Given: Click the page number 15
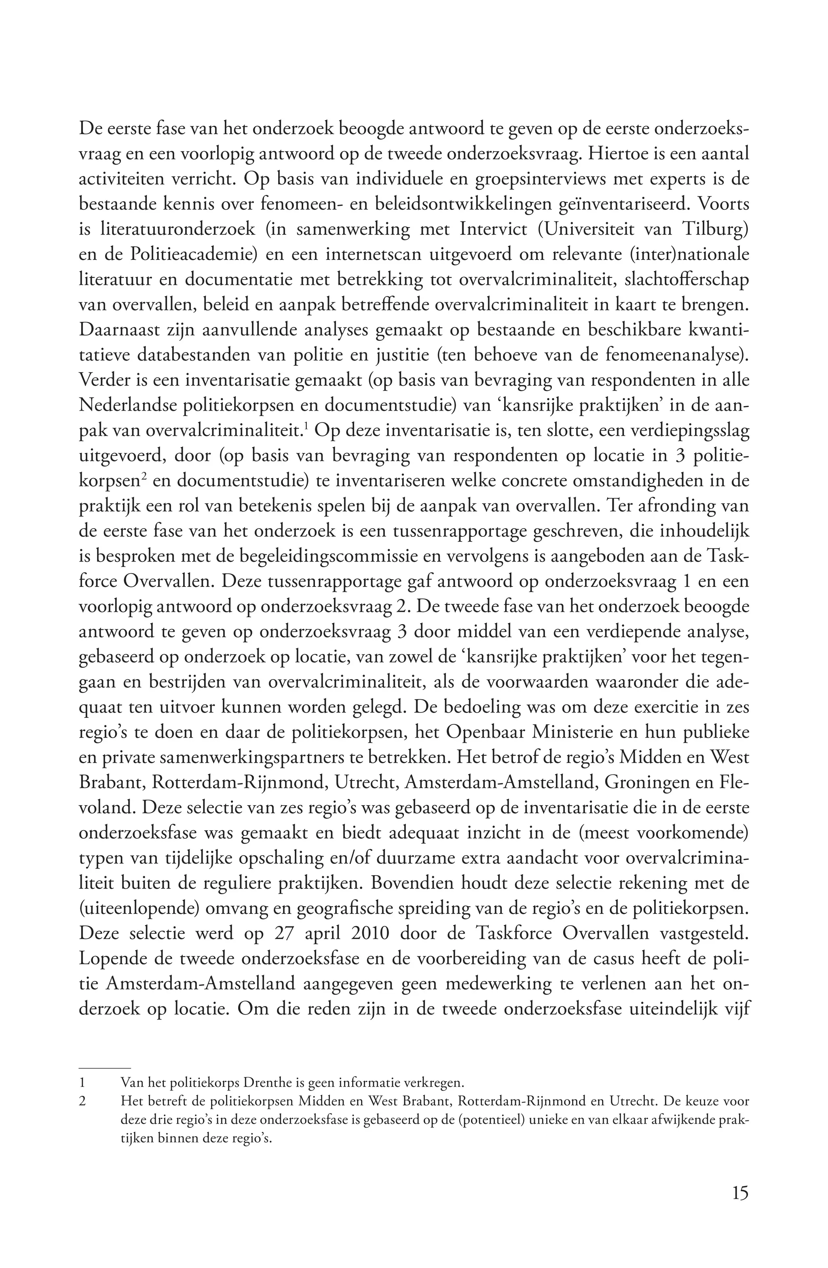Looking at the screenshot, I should click(739, 1192).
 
